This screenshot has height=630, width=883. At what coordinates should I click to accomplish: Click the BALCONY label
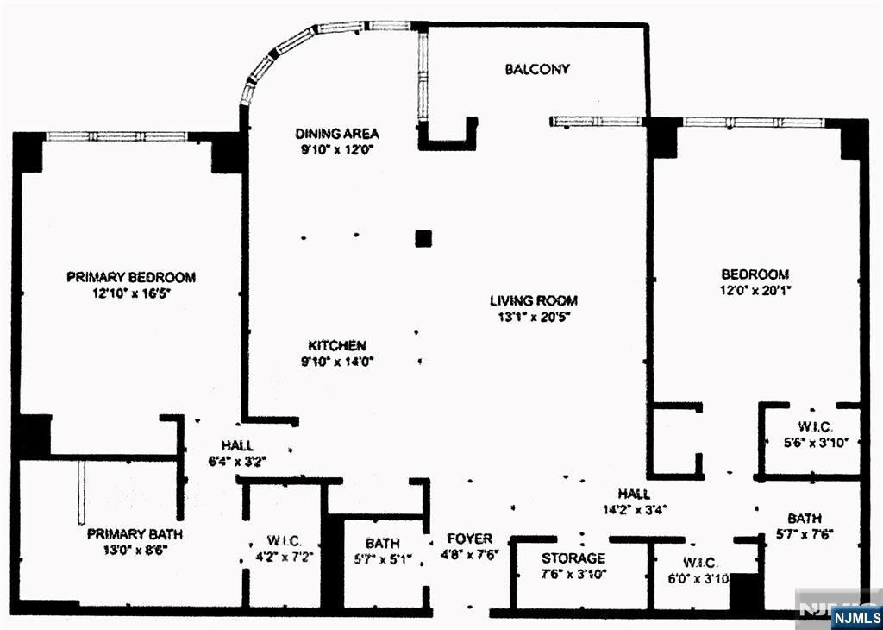[x=537, y=69]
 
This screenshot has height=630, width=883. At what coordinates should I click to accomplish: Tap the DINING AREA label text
[x=337, y=134]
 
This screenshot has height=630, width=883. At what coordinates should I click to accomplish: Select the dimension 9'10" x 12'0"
[x=337, y=148]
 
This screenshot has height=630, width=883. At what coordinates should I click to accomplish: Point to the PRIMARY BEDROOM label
[x=131, y=277]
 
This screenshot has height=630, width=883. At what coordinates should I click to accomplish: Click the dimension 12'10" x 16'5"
[x=131, y=293]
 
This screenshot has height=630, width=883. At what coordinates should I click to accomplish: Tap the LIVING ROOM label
[x=534, y=300]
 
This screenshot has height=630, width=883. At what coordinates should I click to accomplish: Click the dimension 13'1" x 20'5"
[x=534, y=316]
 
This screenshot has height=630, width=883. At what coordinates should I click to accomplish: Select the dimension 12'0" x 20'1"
[x=756, y=290]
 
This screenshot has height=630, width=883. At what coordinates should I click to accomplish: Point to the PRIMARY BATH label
[x=135, y=534]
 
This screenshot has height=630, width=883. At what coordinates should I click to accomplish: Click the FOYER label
[x=469, y=539]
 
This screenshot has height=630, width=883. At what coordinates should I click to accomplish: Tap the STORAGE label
[x=573, y=558]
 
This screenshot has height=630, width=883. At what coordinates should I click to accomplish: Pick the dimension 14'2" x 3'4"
[x=633, y=509]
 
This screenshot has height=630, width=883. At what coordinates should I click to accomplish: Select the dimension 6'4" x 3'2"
[x=236, y=460]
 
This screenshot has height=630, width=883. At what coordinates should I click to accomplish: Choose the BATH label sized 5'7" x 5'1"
[x=382, y=543]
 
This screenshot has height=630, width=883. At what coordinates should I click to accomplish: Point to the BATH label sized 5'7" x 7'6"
[x=804, y=518]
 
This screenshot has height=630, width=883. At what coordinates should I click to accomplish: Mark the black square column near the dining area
[x=423, y=238]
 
